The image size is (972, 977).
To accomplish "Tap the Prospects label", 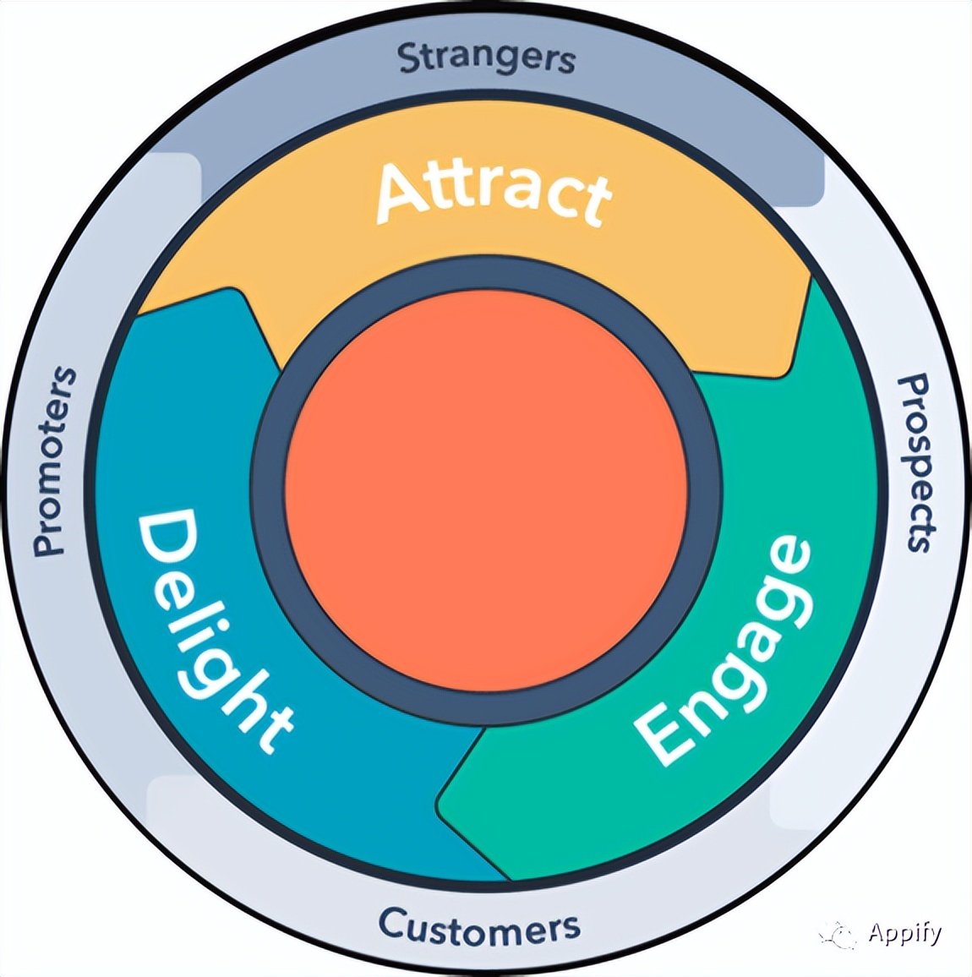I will coord(916,463).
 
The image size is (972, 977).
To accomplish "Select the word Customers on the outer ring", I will coord(478,927).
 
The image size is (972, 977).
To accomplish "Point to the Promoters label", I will coord(52,461).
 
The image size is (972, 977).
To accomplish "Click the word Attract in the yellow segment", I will coord(494,192).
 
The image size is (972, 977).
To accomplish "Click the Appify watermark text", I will coord(904,933).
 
